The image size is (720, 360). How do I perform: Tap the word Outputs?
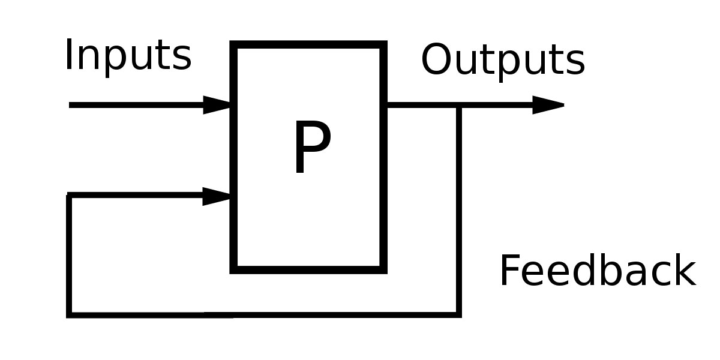[503, 61]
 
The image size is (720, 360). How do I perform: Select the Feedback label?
[598, 270]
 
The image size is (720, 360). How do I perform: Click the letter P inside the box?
[313, 147]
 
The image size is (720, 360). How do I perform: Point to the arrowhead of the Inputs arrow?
[217, 105]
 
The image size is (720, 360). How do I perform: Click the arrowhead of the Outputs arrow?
[548, 105]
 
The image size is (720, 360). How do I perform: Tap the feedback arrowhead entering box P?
[217, 196]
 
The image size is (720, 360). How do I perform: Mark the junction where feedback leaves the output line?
[459, 105]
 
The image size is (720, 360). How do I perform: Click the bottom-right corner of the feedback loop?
[459, 315]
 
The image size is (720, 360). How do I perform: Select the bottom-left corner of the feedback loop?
[69, 315]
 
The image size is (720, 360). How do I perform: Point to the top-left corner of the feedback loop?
[69, 195]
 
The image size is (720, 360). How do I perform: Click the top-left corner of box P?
[233, 44]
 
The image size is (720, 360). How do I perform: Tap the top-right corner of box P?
[383, 44]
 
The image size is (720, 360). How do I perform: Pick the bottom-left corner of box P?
[233, 270]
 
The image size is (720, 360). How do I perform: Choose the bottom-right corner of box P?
[383, 270]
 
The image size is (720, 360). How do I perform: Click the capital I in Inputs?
[68, 55]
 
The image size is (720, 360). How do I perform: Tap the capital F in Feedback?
[511, 269]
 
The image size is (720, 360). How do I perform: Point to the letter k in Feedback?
[686, 269]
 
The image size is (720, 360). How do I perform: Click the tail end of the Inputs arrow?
[70, 105]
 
